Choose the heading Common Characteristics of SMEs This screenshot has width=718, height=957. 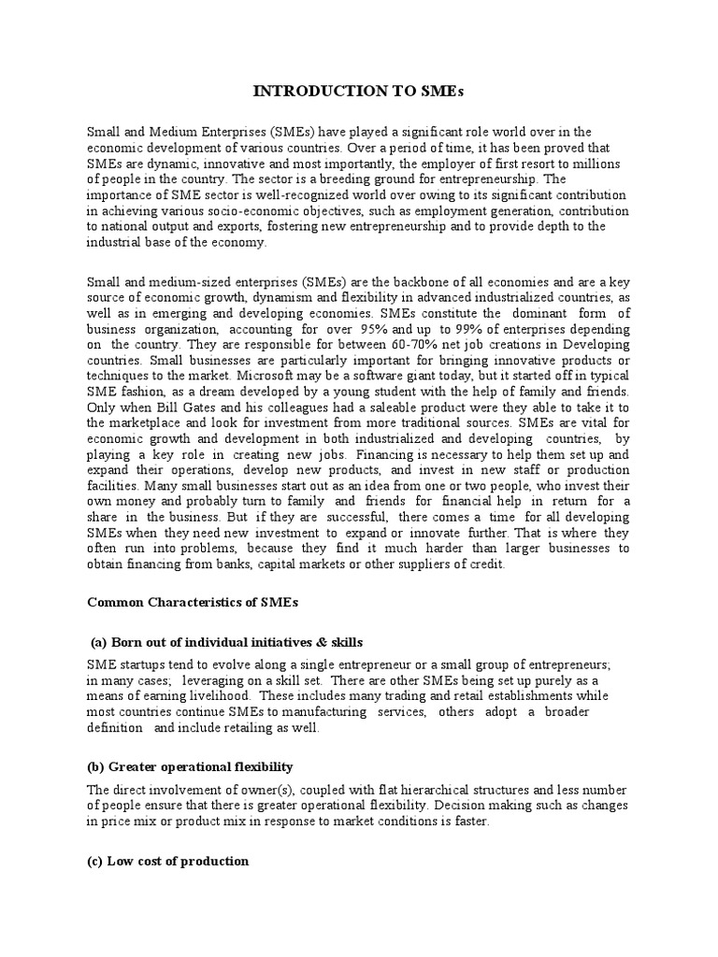coord(192,602)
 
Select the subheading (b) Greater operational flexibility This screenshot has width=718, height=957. coord(190,766)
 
